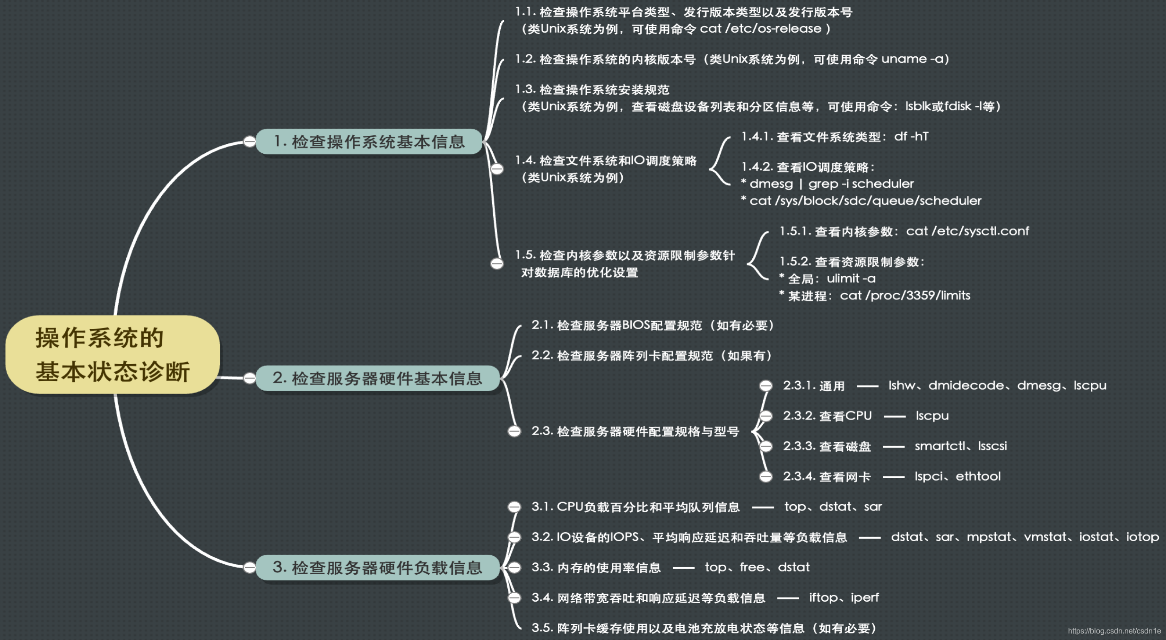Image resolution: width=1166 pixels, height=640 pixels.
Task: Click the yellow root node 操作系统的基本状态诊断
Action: coord(113,354)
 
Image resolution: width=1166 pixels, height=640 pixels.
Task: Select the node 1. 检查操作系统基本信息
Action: coord(369,141)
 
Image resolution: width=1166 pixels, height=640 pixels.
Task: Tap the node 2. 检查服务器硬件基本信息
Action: coord(377,378)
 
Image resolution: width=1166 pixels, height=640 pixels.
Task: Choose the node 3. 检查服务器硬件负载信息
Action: coord(377,567)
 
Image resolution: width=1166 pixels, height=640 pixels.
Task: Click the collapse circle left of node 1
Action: coord(250,141)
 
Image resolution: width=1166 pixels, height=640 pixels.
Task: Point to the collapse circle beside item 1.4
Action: coord(497,169)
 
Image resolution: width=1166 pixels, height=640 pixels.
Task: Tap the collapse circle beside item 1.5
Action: coord(497,263)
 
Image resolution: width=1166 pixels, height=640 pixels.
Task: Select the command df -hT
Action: coord(911,137)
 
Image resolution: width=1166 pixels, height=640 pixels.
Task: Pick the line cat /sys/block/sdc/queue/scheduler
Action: coord(865,201)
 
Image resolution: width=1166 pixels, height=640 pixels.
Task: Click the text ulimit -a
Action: coord(851,279)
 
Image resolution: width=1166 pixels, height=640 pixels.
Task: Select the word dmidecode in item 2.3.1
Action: coord(966,386)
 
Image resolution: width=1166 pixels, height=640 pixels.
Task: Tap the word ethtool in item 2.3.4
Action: coord(978,476)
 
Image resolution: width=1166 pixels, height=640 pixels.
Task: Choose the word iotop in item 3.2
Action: coord(1142,537)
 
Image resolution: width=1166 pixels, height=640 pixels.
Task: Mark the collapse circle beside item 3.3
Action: coord(514,567)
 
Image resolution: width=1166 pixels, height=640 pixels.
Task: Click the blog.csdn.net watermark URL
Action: coord(1114,631)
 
